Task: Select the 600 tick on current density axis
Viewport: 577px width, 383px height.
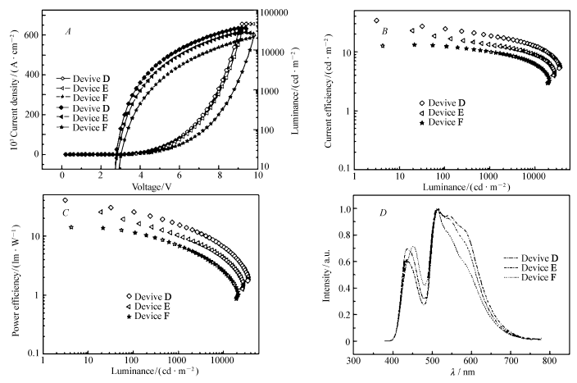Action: tap(32, 35)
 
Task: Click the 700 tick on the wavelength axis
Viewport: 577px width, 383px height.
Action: tap(511, 360)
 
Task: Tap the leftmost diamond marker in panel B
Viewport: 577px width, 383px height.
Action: tap(377, 21)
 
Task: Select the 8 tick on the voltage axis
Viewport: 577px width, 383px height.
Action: tap(219, 175)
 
